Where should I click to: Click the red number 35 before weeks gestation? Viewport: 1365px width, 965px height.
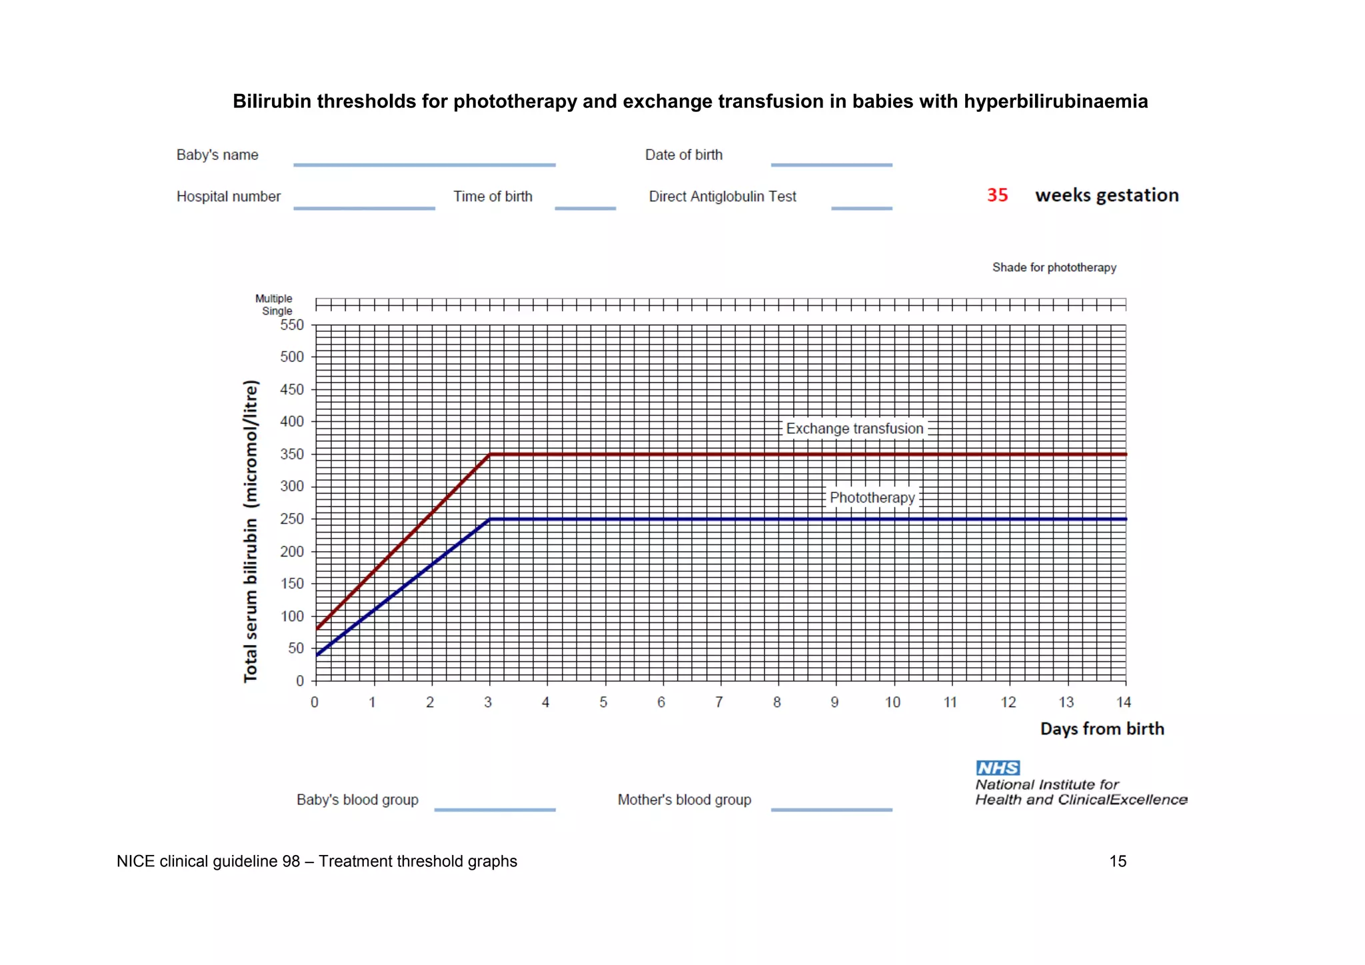pos(997,195)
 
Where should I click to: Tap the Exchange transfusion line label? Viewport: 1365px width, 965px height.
pos(854,429)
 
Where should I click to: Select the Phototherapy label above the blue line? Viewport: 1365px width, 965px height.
pos(872,498)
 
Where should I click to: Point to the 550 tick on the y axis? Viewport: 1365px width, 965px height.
pos(292,325)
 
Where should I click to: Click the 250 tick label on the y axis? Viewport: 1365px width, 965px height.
pos(292,518)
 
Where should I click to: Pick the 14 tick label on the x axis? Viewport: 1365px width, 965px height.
pos(1124,702)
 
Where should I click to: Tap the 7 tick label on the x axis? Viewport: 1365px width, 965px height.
pos(719,702)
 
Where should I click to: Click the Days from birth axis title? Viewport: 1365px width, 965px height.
pos(1102,729)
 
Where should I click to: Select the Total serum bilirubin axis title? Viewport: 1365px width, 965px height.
pos(251,531)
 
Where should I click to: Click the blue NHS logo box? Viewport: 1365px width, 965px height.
pos(998,768)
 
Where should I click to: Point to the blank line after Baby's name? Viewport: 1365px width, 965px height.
pos(424,165)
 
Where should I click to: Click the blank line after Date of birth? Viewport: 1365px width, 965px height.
pos(831,165)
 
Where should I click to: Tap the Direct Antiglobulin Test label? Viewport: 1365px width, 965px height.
pos(722,197)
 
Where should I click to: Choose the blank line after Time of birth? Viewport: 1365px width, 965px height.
pos(585,209)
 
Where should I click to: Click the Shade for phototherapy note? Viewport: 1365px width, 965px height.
pos(1054,267)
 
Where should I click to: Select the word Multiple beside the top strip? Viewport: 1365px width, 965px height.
pos(273,299)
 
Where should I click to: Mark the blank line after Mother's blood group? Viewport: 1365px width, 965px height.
pos(831,810)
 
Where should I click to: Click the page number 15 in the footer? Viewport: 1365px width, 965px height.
pos(1118,861)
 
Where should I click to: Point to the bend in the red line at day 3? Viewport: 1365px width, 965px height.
pos(490,455)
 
